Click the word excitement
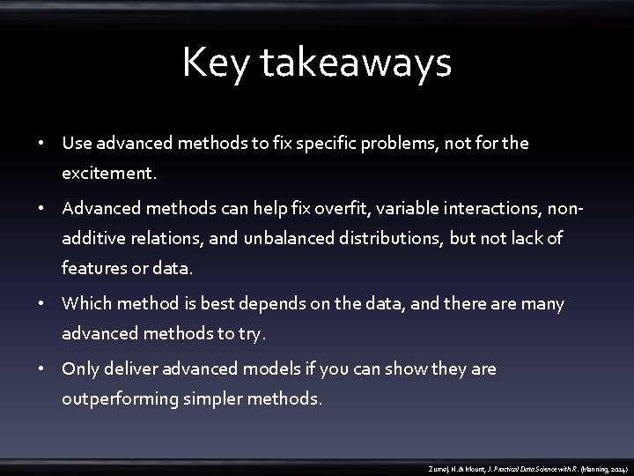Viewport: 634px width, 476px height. pyautogui.click(x=109, y=175)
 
